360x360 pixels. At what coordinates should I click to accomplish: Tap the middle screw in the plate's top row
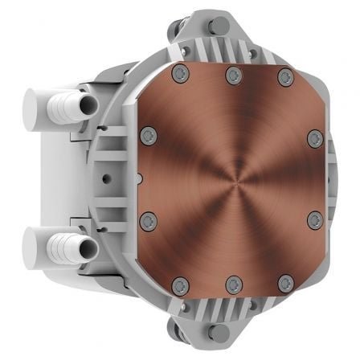[233, 76]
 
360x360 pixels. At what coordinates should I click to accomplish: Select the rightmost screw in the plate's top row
[284, 77]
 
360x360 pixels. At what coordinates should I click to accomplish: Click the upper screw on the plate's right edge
[314, 137]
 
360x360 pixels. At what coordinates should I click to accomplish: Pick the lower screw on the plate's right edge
[314, 219]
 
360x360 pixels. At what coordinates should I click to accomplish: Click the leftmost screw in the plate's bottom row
[181, 284]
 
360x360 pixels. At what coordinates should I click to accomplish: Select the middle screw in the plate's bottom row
[233, 284]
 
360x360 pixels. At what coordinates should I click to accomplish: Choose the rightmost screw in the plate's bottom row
[284, 284]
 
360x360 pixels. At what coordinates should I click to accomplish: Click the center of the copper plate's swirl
[231, 178]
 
